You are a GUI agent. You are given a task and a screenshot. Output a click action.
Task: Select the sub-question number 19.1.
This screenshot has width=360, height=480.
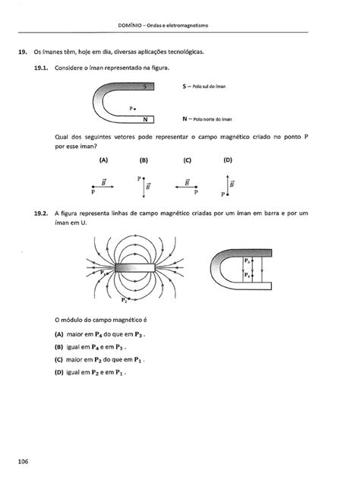[40, 68]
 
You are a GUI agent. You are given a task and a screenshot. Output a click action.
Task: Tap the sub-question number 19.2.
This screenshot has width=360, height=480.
[40, 214]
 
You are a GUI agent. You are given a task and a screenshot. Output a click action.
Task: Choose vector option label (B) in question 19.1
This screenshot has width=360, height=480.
[144, 161]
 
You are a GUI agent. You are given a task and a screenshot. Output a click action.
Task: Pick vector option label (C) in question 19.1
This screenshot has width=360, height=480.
[186, 161]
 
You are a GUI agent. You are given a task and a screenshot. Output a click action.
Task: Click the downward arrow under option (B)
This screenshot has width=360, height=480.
[142, 187]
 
